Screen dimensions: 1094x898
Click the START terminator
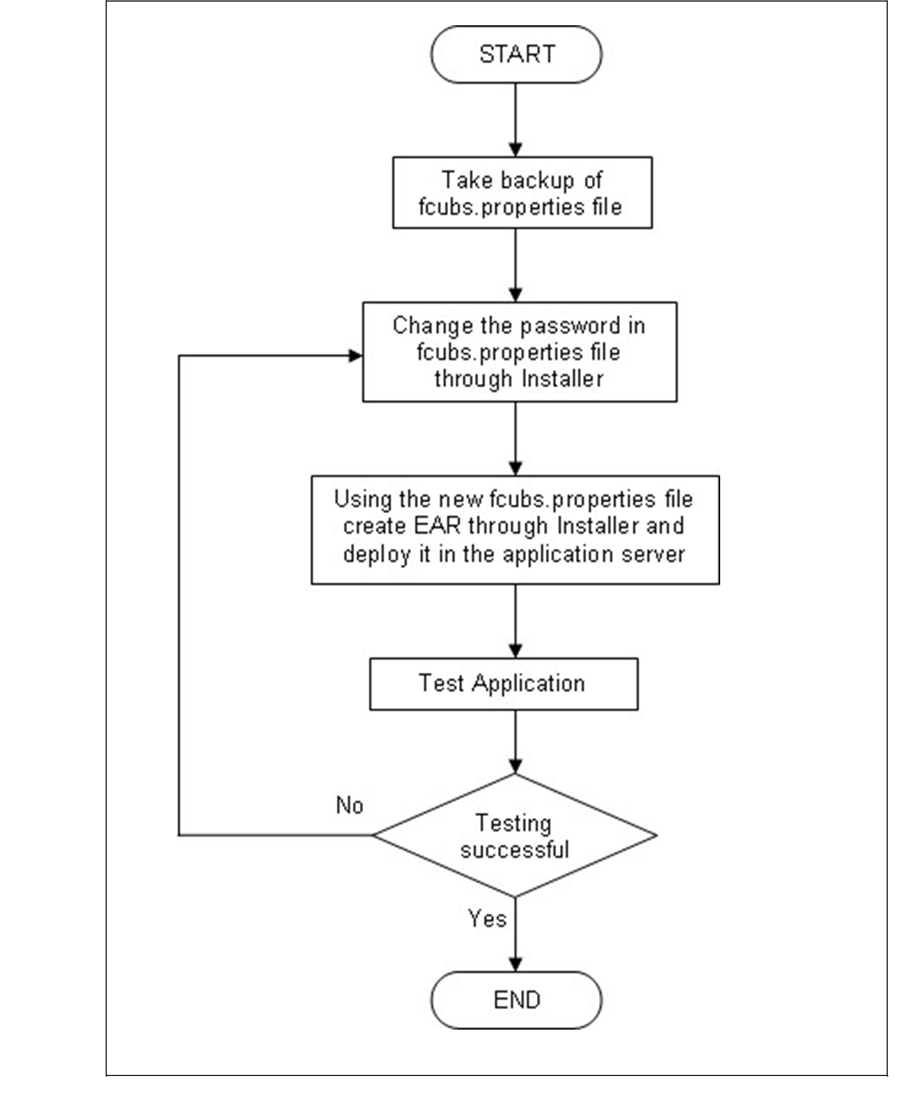click(x=515, y=54)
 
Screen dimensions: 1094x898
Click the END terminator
click(x=515, y=1000)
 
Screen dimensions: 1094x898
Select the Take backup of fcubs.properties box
click(x=522, y=193)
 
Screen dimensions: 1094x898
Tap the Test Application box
click(x=503, y=683)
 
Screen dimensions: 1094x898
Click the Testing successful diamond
click(x=514, y=835)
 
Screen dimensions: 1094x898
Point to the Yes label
click(x=487, y=919)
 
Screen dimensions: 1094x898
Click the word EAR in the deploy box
click(x=437, y=526)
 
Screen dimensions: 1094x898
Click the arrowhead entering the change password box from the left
click(x=356, y=355)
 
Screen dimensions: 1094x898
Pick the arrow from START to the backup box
click(x=515, y=119)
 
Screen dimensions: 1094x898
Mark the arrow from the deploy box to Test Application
click(x=515, y=620)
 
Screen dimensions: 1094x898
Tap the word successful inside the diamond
click(x=514, y=850)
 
